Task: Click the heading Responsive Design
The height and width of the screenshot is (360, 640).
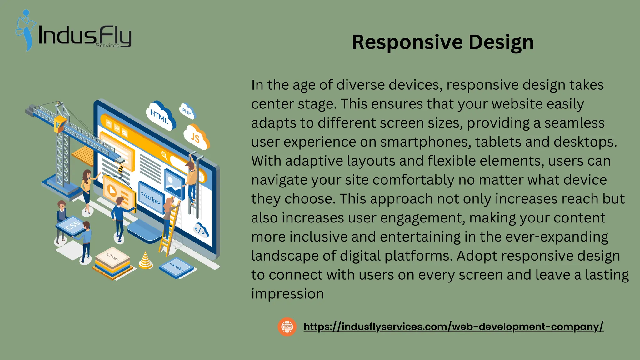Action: [x=442, y=42]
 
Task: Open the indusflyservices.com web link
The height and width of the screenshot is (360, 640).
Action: [x=453, y=327]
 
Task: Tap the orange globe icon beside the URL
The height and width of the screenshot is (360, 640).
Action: [x=287, y=327]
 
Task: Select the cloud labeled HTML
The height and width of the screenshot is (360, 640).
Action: [x=160, y=116]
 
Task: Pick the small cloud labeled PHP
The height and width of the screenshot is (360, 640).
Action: [x=187, y=111]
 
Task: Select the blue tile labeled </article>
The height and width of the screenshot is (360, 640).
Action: [x=176, y=267]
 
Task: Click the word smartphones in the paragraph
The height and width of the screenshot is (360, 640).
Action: [x=426, y=142]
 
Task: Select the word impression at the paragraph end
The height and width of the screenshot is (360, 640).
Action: [x=287, y=294]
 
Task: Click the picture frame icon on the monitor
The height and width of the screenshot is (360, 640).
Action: [x=174, y=183]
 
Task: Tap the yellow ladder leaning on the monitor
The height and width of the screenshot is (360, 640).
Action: [x=170, y=228]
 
